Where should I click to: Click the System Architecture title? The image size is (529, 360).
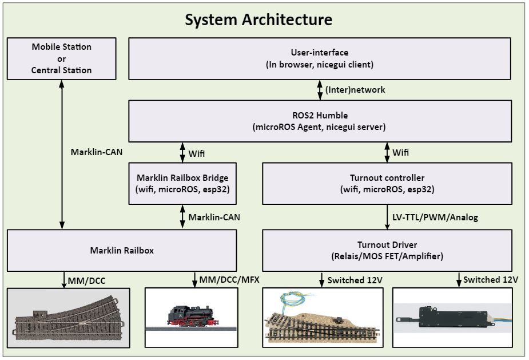(x=258, y=19)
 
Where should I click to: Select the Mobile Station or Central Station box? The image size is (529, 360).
(x=62, y=58)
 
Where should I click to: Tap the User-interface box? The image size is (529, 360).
(x=320, y=58)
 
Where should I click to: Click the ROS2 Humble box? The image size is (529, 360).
(x=320, y=121)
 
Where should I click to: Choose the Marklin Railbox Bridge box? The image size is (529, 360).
(x=182, y=183)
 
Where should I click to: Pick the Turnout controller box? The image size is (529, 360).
(x=387, y=183)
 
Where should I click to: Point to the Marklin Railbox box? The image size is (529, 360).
(x=122, y=250)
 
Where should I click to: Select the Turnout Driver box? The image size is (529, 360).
(x=387, y=250)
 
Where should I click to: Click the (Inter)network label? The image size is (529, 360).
(x=355, y=90)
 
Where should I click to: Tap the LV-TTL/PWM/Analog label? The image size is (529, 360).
(x=435, y=217)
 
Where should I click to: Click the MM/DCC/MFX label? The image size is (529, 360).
(x=227, y=280)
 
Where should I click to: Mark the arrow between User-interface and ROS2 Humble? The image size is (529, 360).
(x=320, y=90)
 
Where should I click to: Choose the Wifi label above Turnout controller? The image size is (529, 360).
(x=400, y=153)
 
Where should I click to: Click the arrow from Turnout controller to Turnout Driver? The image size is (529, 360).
(x=387, y=217)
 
